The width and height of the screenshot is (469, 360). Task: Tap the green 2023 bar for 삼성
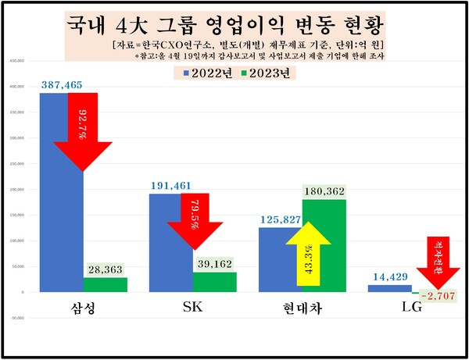coord(105,284)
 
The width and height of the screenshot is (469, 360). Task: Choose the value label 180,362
coord(324,190)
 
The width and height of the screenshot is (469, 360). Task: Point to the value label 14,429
coord(389,276)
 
